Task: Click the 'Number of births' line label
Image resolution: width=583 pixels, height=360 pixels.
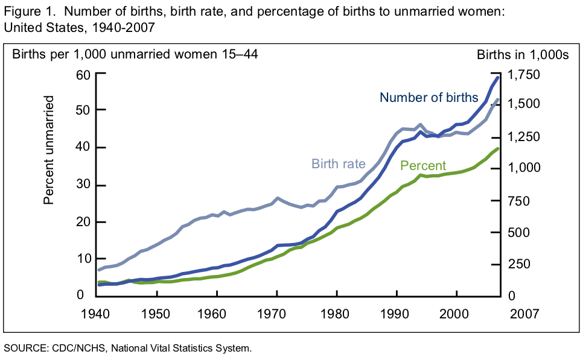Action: (428, 98)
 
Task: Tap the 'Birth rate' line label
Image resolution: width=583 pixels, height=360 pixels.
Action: (339, 163)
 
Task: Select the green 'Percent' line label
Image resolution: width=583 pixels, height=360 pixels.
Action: (423, 166)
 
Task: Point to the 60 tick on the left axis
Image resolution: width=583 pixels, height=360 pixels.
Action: (83, 74)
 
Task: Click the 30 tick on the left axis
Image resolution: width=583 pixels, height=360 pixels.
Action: (83, 185)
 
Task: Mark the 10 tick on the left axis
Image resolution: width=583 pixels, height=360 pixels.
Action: (83, 259)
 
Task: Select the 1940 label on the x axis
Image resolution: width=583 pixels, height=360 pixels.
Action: (98, 314)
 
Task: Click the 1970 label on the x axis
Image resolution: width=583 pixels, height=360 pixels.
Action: (277, 314)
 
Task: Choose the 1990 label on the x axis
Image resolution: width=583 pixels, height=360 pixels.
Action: (397, 314)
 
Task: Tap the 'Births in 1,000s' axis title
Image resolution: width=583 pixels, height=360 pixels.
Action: (523, 55)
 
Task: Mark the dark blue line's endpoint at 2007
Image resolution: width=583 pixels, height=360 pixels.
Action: (498, 77)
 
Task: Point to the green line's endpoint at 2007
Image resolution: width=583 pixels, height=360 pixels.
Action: (498, 148)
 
